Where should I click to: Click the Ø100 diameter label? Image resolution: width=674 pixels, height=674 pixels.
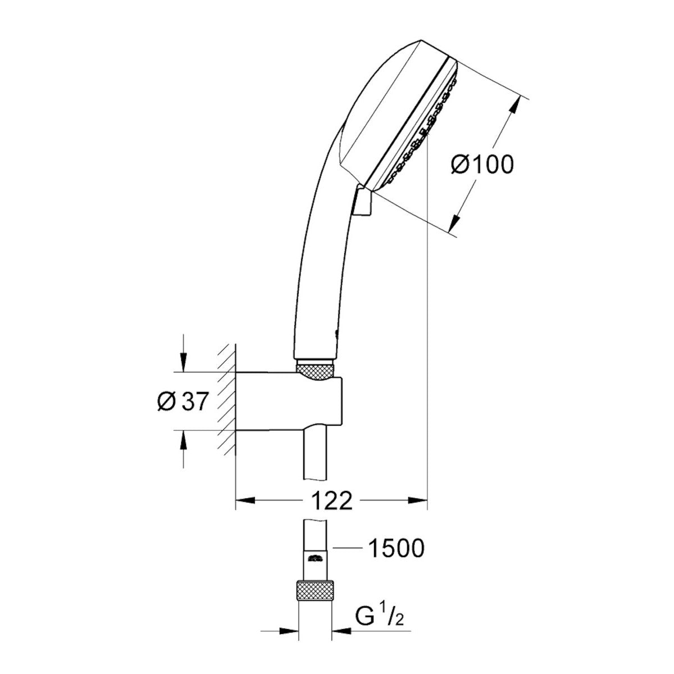(x=482, y=165)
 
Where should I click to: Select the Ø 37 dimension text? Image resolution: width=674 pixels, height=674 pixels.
(x=184, y=402)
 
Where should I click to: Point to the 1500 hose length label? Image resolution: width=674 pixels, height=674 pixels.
(x=395, y=548)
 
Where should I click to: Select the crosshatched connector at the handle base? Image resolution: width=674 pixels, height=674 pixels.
(x=316, y=371)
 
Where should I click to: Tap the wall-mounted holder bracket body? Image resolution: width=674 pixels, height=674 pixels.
(x=286, y=402)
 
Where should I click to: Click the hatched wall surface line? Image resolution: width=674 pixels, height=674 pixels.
(x=227, y=399)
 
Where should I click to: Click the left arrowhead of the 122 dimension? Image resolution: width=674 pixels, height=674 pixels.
(x=243, y=499)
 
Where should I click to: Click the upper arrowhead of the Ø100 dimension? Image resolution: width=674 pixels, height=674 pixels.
(x=514, y=105)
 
